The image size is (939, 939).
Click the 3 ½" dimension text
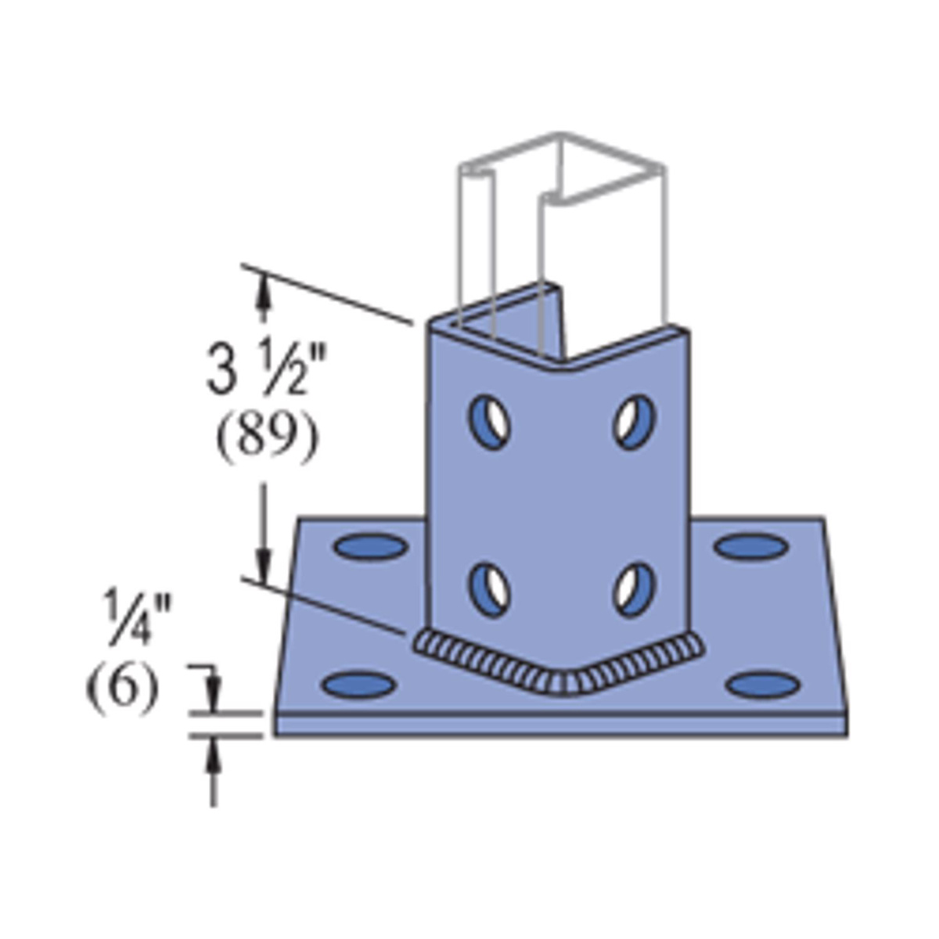[x=266, y=369]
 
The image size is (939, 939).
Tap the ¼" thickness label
[x=138, y=617]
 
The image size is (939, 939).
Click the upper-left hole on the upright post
[x=490, y=422]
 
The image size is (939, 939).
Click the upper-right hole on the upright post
[x=634, y=422]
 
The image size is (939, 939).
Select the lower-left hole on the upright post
[x=490, y=590]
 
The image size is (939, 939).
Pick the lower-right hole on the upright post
[x=634, y=590]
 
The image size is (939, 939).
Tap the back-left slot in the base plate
[x=372, y=547]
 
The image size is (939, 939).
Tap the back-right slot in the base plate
[x=751, y=545]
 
